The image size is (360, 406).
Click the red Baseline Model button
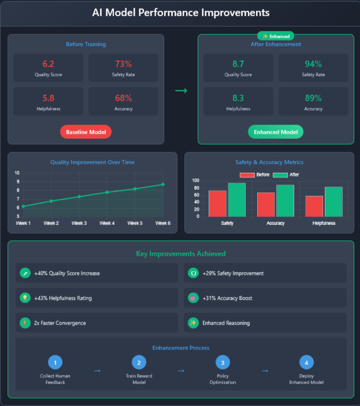86,132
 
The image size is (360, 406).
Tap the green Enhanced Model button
276,132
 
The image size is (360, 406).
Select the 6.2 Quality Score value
48,64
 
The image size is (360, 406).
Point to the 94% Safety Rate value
313,64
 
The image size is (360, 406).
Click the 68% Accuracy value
123,98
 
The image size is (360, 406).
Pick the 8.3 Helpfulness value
239,98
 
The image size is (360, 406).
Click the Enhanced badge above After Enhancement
276,36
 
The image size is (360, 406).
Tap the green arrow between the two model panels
181,91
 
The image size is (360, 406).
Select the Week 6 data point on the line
163,184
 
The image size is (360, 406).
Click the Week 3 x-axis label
79,223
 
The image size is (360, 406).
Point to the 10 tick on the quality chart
17,173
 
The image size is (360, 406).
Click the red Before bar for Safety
217,203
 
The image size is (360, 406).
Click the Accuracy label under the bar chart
276,223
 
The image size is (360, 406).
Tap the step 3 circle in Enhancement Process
223,363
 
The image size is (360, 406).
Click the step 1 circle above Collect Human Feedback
55,363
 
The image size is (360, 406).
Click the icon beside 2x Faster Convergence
25,323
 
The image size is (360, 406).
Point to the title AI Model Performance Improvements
180,12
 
